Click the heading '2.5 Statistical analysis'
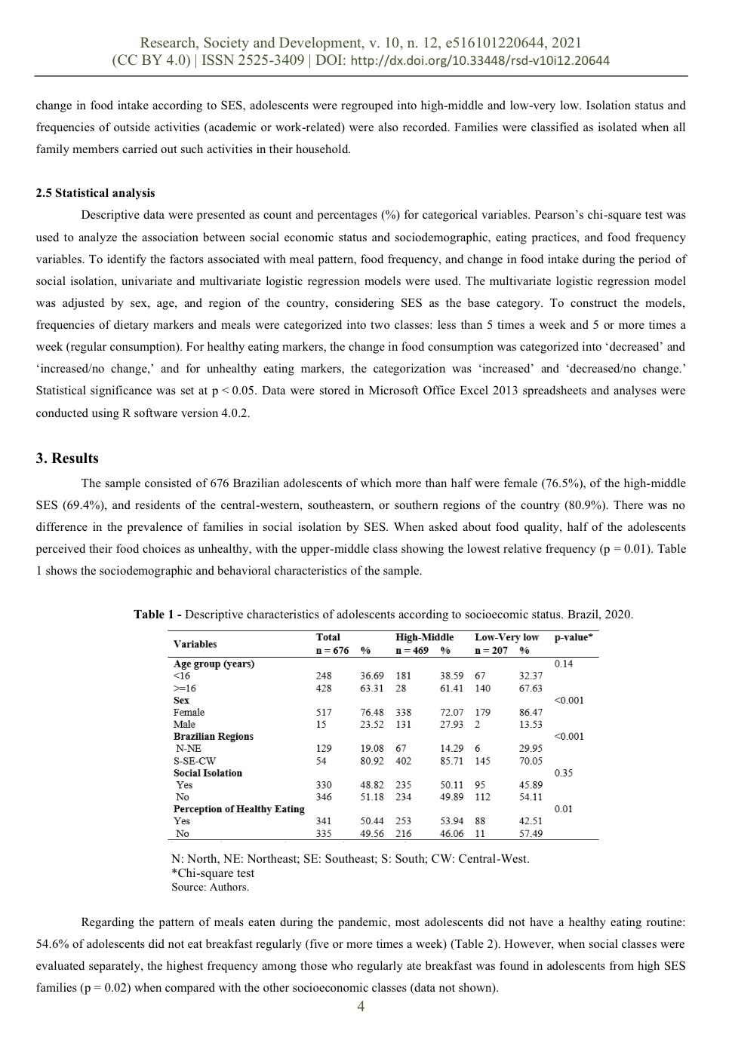pyautogui.click(x=95, y=193)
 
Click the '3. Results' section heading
pyautogui.click(x=67, y=458)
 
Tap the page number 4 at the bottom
pyautogui.click(x=361, y=1007)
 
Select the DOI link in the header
pyautogui.click(x=481, y=61)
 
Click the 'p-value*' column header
pyautogui.click(x=574, y=637)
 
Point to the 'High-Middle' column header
pyautogui.click(x=424, y=637)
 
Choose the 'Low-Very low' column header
pyautogui.click(x=506, y=637)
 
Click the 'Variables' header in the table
pyautogui.click(x=195, y=644)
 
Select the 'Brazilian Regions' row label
pyautogui.click(x=213, y=736)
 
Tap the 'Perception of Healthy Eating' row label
pyautogui.click(x=238, y=809)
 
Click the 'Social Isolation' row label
pyautogui.click(x=208, y=773)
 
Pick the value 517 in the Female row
pyautogui.click(x=323, y=712)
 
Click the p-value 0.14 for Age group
pyautogui.click(x=563, y=664)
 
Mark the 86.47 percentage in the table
pyautogui.click(x=531, y=712)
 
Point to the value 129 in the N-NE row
pyautogui.click(x=323, y=749)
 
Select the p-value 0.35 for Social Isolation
pyautogui.click(x=563, y=773)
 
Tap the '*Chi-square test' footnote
pyautogui.click(x=213, y=873)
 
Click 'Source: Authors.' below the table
pyautogui.click(x=210, y=887)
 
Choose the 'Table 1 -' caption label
pyautogui.click(x=158, y=615)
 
